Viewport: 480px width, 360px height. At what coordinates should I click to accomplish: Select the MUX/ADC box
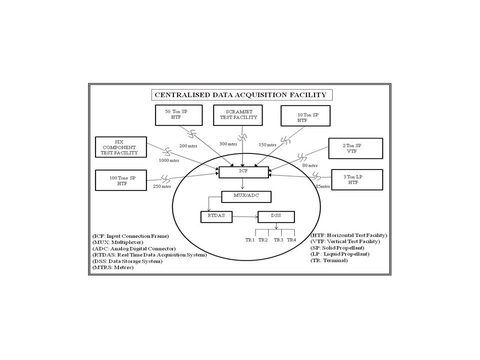click(246, 196)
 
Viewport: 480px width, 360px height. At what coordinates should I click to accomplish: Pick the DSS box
click(276, 217)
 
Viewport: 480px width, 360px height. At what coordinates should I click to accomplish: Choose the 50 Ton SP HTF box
click(177, 115)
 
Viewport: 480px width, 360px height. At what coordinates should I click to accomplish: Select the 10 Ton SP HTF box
click(305, 116)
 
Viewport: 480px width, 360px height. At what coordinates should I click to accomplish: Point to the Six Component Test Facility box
click(119, 146)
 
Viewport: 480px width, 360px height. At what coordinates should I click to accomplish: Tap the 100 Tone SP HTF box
click(121, 180)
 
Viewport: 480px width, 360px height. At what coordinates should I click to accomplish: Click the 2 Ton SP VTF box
click(355, 148)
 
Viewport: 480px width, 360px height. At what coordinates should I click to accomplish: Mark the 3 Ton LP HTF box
click(356, 179)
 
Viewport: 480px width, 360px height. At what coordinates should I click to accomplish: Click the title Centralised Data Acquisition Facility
click(240, 94)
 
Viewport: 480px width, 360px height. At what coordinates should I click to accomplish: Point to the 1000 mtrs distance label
click(168, 161)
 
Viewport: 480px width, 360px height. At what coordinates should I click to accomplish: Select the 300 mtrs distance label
click(228, 144)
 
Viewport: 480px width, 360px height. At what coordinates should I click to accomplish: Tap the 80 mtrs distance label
click(309, 165)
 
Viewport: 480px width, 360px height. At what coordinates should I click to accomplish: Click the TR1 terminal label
click(250, 240)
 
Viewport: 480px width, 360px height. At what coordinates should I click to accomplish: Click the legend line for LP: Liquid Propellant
click(339, 254)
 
